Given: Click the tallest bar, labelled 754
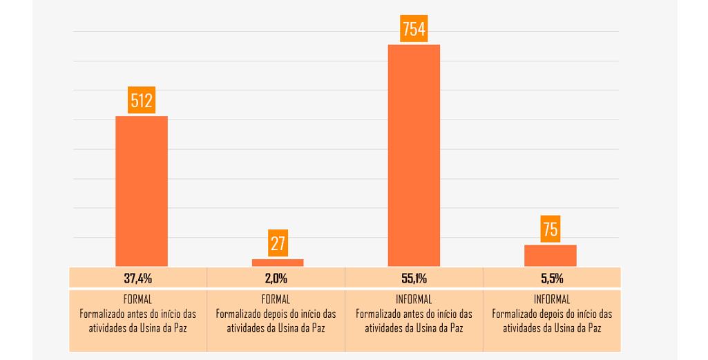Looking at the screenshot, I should click(414, 155).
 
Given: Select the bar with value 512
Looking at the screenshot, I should click(141, 191).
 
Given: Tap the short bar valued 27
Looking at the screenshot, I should click(278, 263).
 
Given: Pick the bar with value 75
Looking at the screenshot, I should click(550, 256).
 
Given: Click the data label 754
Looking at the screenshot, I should click(414, 30).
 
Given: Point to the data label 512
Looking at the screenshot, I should click(142, 101).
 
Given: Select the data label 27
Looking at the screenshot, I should click(278, 243).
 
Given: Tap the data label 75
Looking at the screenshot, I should click(551, 229).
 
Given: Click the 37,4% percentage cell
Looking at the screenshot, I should click(138, 278).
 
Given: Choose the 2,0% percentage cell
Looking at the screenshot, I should click(276, 278).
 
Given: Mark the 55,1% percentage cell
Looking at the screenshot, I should click(414, 278).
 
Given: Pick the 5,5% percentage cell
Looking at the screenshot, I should click(552, 278).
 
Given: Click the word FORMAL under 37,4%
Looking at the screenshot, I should click(138, 300).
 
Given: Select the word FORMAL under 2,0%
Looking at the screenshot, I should click(276, 300).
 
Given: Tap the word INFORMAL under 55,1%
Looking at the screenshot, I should click(414, 300).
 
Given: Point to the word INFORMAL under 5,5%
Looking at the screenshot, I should click(552, 300).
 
